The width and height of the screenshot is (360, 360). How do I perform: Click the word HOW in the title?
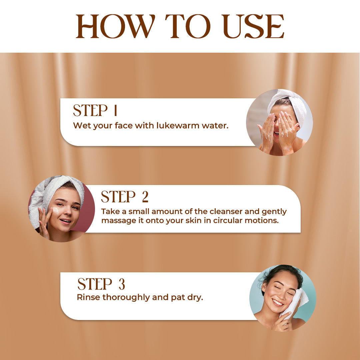pos(115,26)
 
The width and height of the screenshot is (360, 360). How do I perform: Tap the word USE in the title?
pos(253,26)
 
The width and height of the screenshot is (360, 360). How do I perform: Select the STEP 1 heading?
pos(95,110)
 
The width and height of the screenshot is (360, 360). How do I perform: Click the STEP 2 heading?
pos(125,197)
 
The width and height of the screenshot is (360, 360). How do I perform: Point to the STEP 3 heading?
pos(101,284)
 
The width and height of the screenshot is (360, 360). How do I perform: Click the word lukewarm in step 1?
pos(178,125)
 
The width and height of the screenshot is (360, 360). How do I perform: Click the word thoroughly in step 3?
pos(126,298)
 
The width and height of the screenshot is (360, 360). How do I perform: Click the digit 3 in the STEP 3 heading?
pos(122,284)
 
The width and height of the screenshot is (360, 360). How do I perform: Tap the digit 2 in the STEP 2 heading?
pos(145,197)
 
